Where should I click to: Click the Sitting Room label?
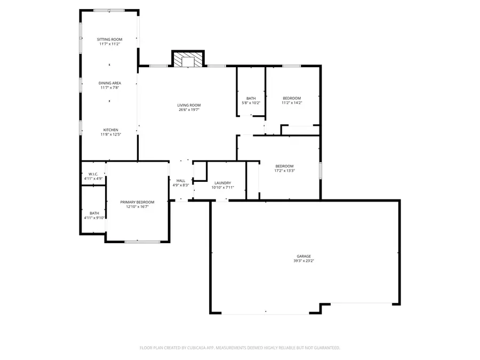pos(109,39)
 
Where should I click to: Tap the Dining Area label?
pos(109,83)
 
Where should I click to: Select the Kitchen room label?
pos(110,130)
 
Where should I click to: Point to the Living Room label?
pos(189,105)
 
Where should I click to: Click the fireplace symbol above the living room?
pos(188,60)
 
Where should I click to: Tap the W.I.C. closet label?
pos(93,174)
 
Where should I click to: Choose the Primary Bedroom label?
pos(137,202)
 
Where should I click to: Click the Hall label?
pos(181,181)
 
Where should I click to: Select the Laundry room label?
pos(222,183)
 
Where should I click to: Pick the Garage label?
pos(304,256)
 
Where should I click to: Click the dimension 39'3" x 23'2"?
pos(304,261)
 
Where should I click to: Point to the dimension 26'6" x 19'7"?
pos(189,110)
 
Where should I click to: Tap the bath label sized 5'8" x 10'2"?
pos(251,98)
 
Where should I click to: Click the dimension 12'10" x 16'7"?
pos(137,207)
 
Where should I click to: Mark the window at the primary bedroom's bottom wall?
pos(142,242)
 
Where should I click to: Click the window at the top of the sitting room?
pos(109,10)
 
